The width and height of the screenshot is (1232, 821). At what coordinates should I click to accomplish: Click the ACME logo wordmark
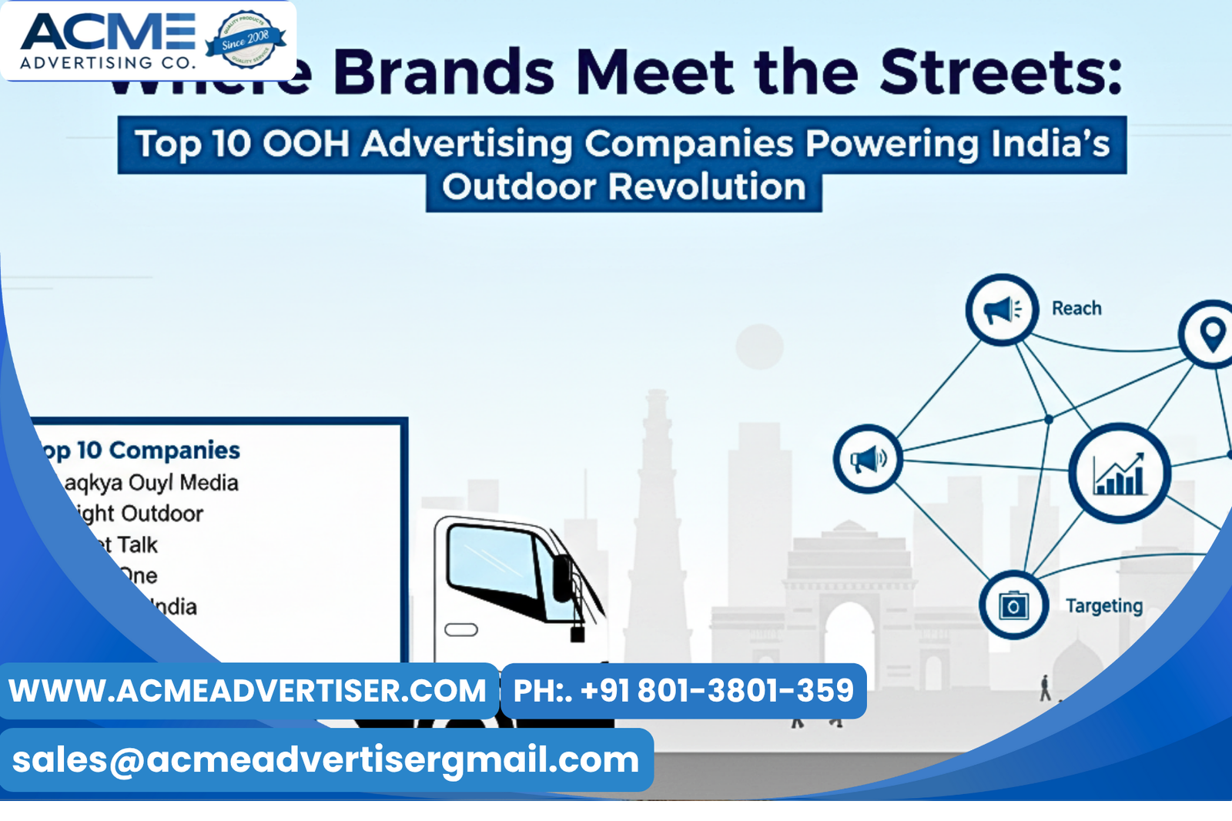pyautogui.click(x=108, y=32)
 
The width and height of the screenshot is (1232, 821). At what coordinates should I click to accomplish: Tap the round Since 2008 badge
pyautogui.click(x=246, y=39)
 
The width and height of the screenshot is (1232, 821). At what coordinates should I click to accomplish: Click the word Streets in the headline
pyautogui.click(x=1001, y=72)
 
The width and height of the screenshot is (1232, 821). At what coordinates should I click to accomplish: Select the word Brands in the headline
pyautogui.click(x=444, y=72)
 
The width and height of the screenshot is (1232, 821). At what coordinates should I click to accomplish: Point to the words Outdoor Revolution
pyautogui.click(x=624, y=187)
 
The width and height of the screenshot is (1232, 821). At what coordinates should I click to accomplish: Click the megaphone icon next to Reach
pyautogui.click(x=1002, y=310)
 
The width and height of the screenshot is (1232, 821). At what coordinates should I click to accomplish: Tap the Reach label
pyautogui.click(x=1076, y=308)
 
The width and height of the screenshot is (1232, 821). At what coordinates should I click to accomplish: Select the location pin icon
pyautogui.click(x=1211, y=334)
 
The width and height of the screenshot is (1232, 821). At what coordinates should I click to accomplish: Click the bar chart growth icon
pyautogui.click(x=1120, y=474)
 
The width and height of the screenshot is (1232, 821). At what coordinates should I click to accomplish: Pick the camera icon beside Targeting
pyautogui.click(x=1013, y=605)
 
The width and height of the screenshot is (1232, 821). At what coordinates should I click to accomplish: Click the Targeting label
pyautogui.click(x=1103, y=606)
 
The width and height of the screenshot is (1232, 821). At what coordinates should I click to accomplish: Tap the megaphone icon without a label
pyautogui.click(x=868, y=460)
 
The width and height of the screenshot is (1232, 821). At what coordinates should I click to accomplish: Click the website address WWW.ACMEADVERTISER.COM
pyautogui.click(x=248, y=691)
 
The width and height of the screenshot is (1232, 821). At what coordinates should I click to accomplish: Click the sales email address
pyautogui.click(x=326, y=760)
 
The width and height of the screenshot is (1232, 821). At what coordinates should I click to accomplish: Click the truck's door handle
pyautogui.click(x=461, y=630)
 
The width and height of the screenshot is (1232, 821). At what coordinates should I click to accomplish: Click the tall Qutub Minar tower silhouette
pyautogui.click(x=656, y=524)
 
